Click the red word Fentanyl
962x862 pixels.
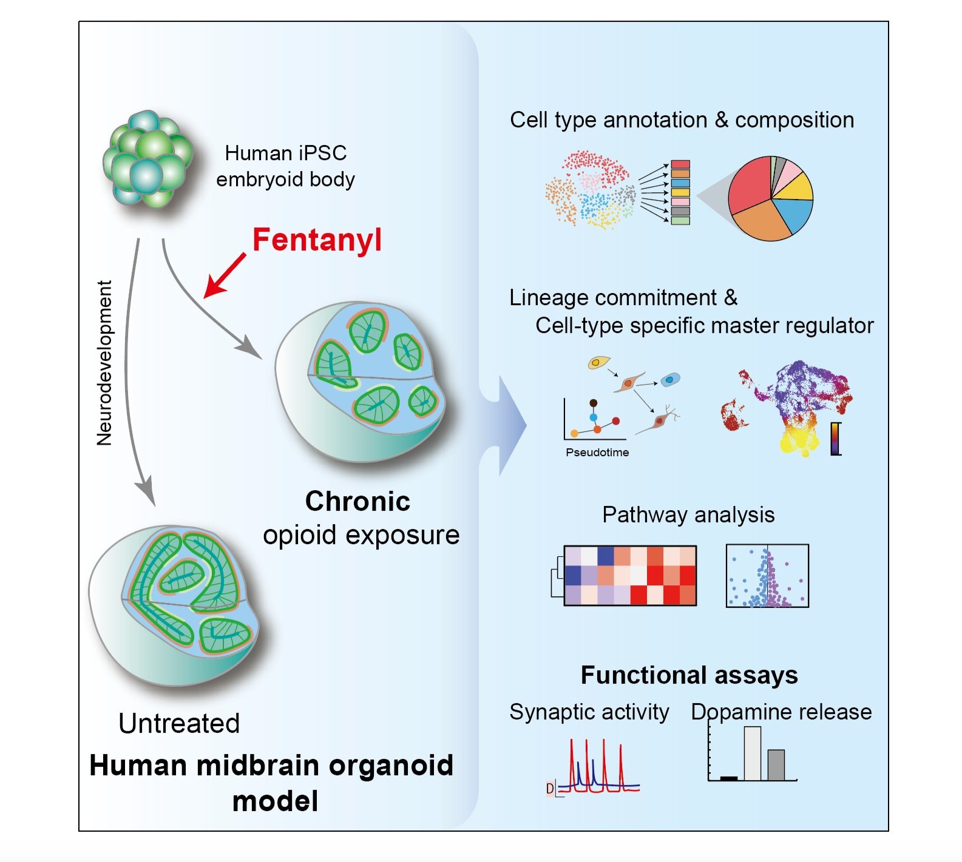click(317, 240)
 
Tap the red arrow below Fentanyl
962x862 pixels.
click(225, 276)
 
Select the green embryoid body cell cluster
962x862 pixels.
click(147, 159)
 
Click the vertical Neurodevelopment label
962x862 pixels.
click(104, 363)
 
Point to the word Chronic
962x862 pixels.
click(357, 501)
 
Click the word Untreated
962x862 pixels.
click(179, 723)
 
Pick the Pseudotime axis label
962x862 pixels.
click(597, 453)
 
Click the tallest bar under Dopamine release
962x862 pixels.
click(752, 753)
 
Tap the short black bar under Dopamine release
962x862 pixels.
click(728, 778)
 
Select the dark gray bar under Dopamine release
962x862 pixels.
click(776, 765)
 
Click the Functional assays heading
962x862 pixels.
click(689, 675)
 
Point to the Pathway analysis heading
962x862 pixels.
click(688, 515)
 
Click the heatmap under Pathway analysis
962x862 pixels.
click(630, 575)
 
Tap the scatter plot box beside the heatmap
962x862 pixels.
click(767, 576)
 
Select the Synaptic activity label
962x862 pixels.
click(589, 712)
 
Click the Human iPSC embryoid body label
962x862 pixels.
click(285, 166)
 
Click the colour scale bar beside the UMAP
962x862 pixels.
click(836, 438)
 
